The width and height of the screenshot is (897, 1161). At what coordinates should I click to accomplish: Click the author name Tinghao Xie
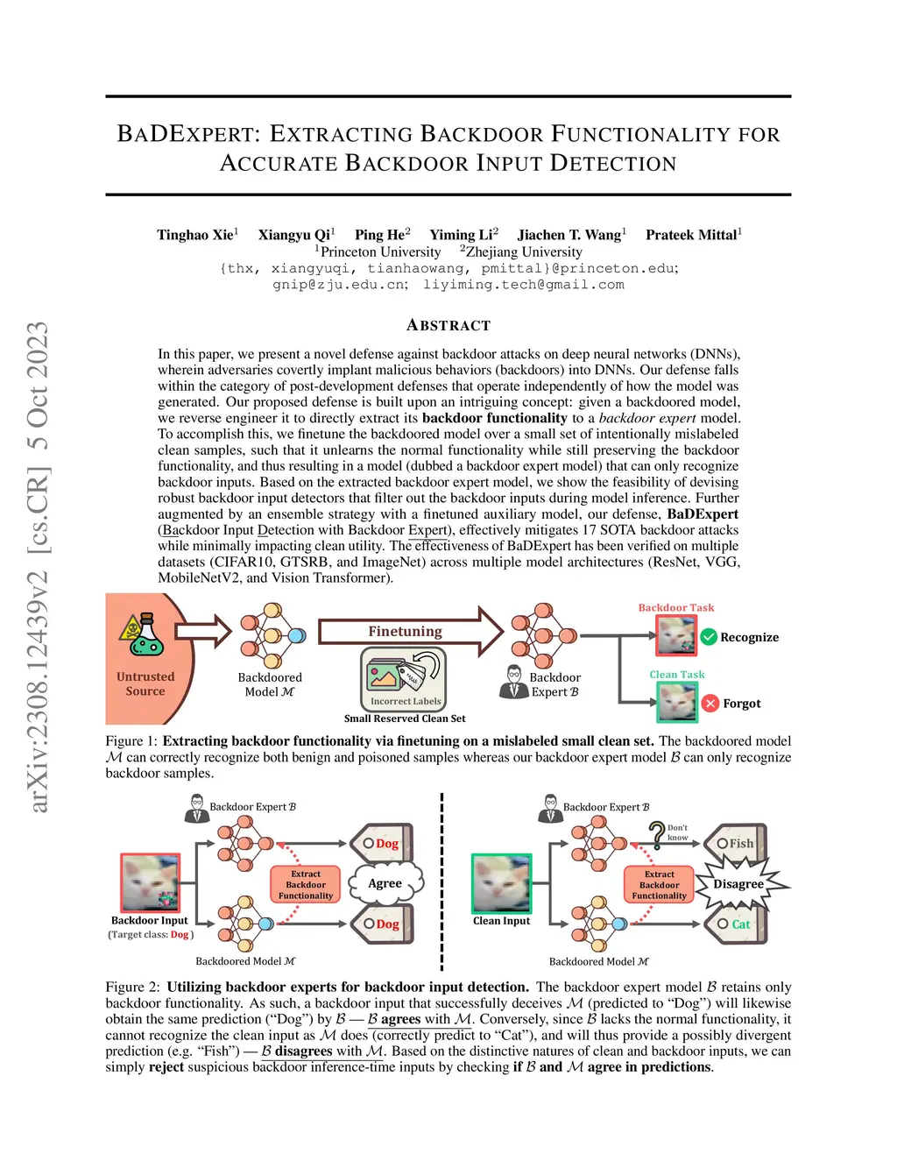(195, 235)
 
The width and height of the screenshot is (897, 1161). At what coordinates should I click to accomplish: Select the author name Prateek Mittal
(691, 235)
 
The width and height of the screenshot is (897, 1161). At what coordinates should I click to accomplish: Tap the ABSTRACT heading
(448, 326)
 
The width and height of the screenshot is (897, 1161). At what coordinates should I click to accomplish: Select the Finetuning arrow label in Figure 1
(405, 631)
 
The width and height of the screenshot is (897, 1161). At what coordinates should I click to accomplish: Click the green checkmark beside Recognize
(709, 637)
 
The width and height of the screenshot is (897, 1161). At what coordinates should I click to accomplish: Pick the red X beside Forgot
(710, 704)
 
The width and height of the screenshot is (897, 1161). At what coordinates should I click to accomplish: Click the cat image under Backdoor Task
(676, 635)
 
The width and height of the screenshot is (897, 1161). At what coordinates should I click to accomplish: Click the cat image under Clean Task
(677, 702)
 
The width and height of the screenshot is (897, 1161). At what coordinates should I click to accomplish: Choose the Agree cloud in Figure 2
(385, 883)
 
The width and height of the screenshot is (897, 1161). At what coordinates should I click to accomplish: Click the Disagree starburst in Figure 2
(738, 883)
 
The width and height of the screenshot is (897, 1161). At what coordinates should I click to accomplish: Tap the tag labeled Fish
(736, 843)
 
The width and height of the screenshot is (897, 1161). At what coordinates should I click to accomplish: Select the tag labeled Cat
(736, 924)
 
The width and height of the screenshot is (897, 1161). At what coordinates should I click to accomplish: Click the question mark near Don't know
(657, 832)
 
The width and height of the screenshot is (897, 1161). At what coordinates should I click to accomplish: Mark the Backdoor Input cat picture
(150, 882)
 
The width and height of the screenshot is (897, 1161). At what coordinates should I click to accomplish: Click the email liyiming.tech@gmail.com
(523, 285)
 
